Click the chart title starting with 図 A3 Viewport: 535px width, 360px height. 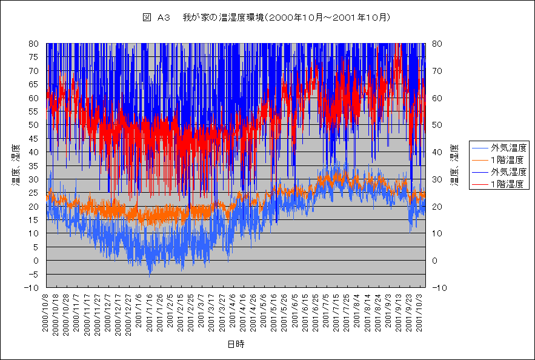(266, 18)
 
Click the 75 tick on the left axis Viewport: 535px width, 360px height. (35, 57)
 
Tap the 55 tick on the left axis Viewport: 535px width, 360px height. (35, 112)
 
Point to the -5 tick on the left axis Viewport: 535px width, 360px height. (34, 274)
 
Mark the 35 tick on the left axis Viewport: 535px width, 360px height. (35, 165)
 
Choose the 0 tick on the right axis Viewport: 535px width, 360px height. (437, 261)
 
